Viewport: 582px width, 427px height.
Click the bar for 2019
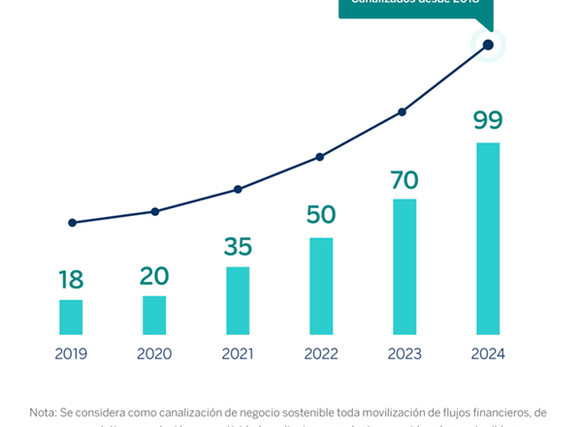click(x=71, y=317)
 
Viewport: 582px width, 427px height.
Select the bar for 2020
click(x=154, y=315)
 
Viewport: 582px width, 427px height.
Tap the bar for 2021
click(x=238, y=300)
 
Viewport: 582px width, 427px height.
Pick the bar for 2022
click(x=321, y=286)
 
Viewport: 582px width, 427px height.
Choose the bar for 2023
click(x=404, y=266)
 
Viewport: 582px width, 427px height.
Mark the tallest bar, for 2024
click(x=488, y=238)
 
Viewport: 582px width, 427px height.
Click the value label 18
click(x=71, y=281)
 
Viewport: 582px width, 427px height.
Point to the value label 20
click(x=154, y=277)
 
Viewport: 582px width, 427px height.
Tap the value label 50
click(x=321, y=215)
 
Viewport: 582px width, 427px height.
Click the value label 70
click(x=404, y=180)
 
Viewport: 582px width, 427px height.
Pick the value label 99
click(x=488, y=122)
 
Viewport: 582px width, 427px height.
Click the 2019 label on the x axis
click(x=71, y=354)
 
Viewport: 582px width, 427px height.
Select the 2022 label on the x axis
click(x=321, y=354)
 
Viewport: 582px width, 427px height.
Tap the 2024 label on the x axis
click(x=488, y=354)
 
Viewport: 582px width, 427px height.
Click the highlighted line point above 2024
click(x=488, y=45)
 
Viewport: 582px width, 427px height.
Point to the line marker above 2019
click(x=72, y=223)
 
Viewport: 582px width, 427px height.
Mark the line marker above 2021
click(x=238, y=190)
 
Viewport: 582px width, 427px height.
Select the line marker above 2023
click(x=402, y=112)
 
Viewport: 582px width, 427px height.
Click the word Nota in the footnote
click(x=44, y=412)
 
